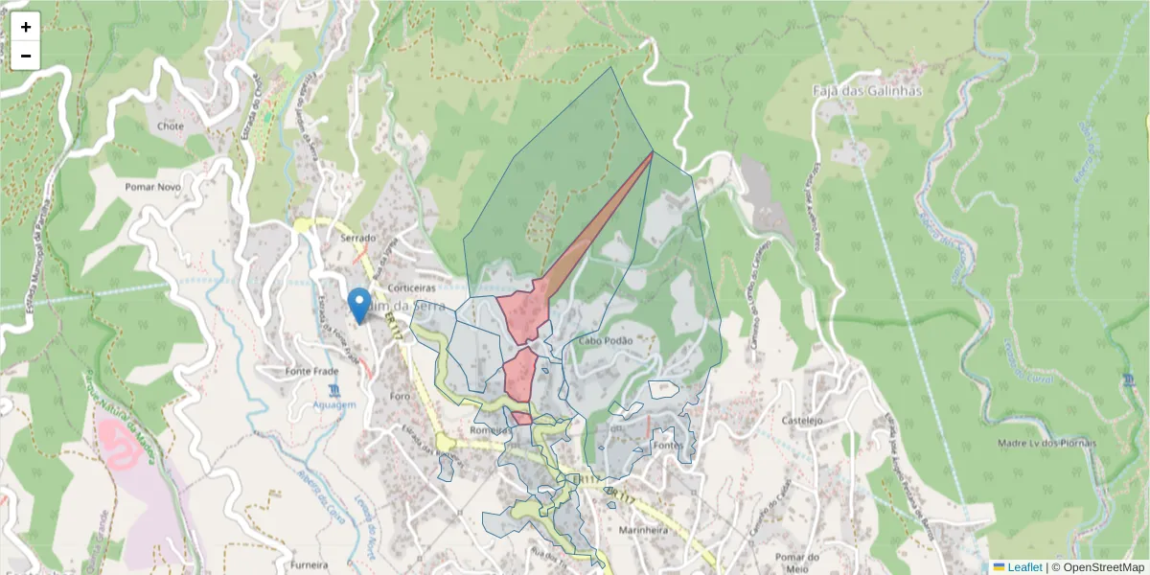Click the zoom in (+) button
26,27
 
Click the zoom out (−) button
26,56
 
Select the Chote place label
170,126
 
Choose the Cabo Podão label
605,341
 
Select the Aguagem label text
334,405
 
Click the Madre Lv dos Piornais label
1046,443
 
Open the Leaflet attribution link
1023,567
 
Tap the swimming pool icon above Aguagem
333,390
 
